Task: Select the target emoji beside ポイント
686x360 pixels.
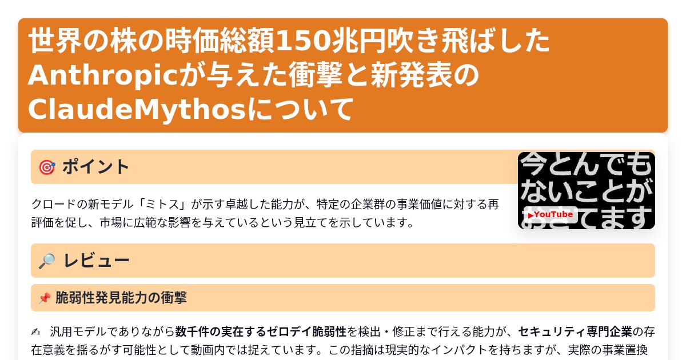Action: point(47,167)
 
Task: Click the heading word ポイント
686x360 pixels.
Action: point(96,167)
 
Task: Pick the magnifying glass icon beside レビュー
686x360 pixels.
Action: point(47,261)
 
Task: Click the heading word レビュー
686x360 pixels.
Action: point(96,261)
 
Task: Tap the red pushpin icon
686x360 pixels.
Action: point(45,298)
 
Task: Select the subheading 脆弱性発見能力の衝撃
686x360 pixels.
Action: point(121,298)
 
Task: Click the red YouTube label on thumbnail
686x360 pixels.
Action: point(551,215)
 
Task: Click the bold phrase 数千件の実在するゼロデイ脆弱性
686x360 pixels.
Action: point(261,332)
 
